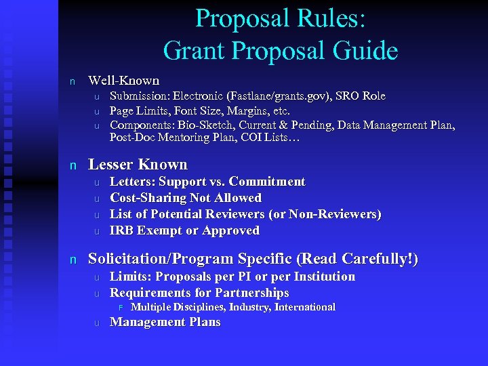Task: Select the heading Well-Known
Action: tap(124, 81)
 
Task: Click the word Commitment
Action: tap(267, 182)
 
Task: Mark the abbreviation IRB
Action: tap(122, 230)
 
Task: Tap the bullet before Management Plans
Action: tap(96, 323)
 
